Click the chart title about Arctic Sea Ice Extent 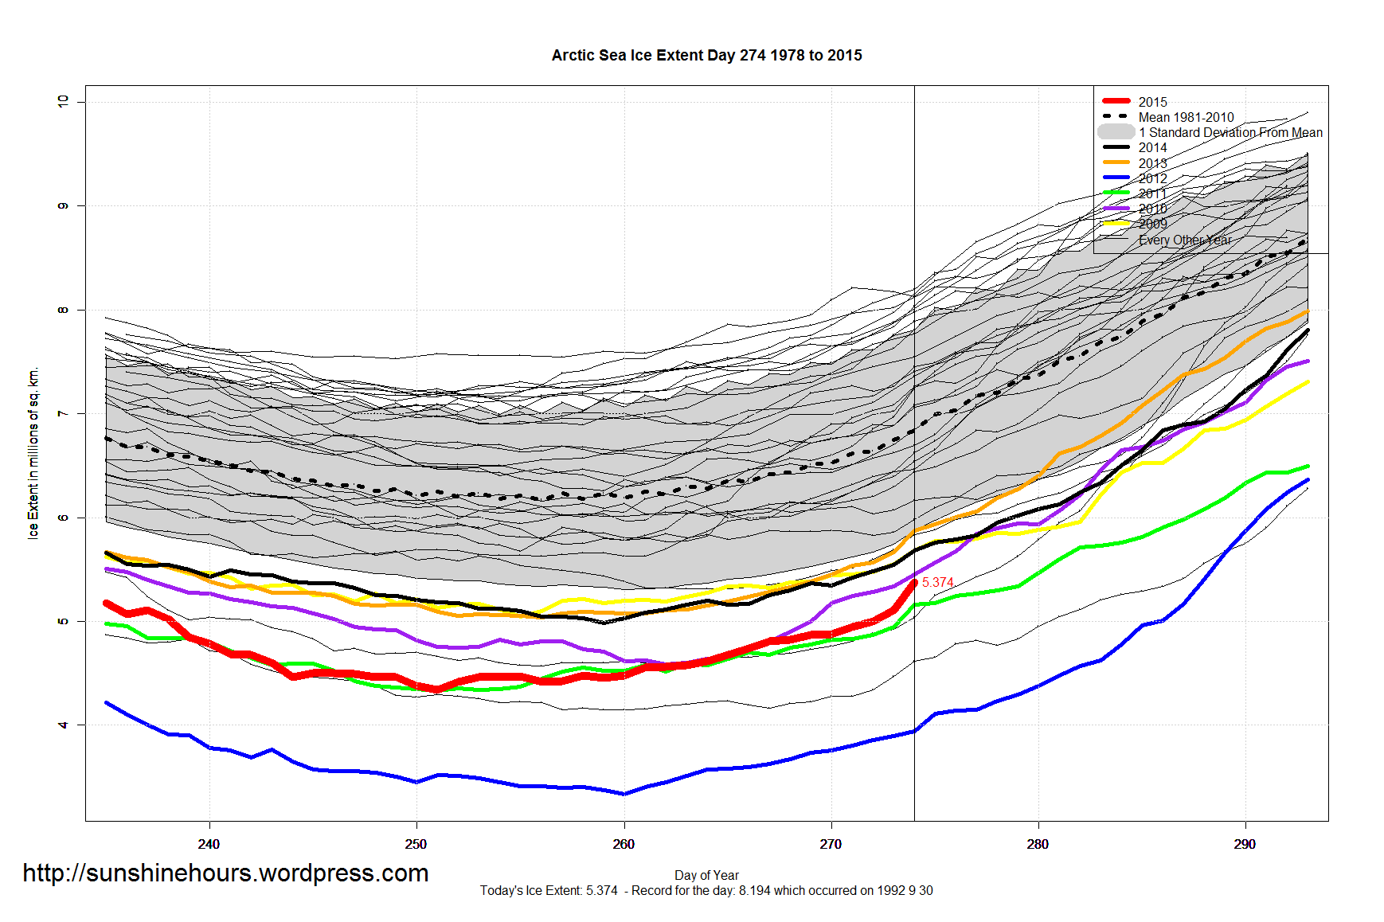point(706,55)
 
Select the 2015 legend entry point(1152,102)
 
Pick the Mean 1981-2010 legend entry point(1186,117)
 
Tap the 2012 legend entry point(1152,178)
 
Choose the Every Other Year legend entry point(1184,240)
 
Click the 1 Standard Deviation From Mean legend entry point(1230,132)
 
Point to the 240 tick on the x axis point(209,844)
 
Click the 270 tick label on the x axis point(831,844)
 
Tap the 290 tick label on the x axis point(1245,844)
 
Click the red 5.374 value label point(937,583)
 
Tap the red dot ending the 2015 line point(914,583)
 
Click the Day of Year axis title point(706,875)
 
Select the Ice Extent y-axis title point(33,453)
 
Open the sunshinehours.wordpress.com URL point(225,873)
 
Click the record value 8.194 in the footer point(754,890)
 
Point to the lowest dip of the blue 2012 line point(624,794)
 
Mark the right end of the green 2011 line point(1308,467)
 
